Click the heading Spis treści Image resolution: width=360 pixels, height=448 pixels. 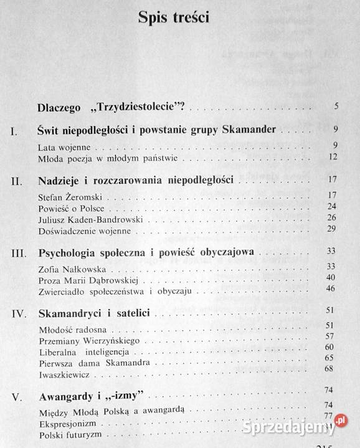(174, 17)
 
